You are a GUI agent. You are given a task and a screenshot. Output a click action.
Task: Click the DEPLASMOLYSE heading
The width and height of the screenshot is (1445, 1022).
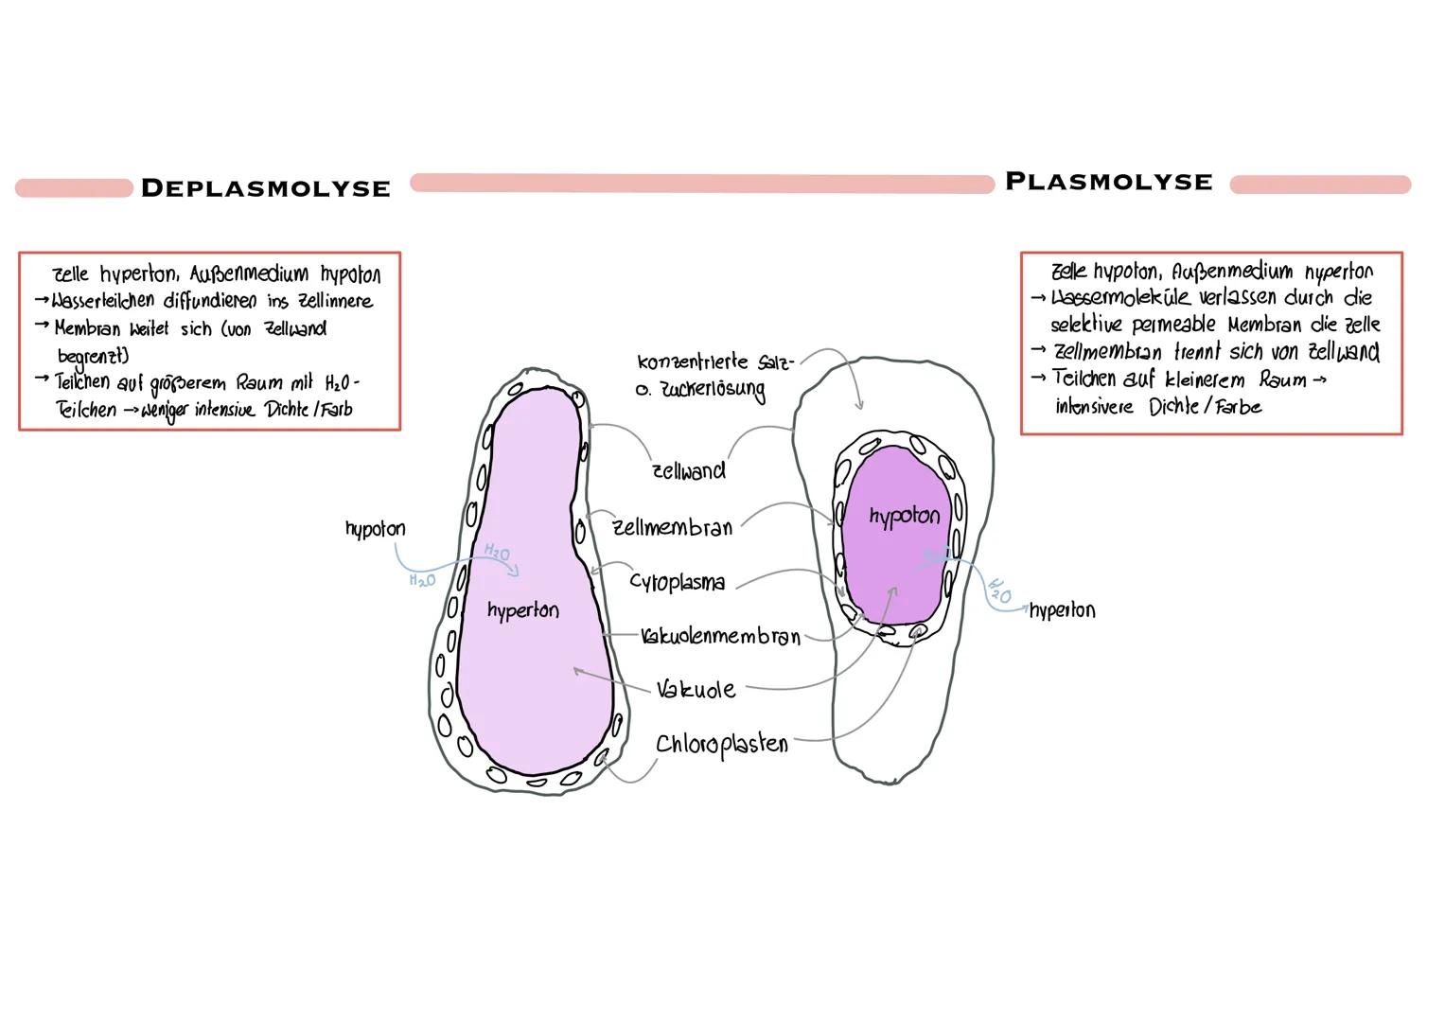[265, 188]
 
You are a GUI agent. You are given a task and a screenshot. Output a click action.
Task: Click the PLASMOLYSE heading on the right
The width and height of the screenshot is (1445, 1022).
[1108, 182]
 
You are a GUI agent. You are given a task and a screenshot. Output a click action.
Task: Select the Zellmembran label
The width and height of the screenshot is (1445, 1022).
[673, 527]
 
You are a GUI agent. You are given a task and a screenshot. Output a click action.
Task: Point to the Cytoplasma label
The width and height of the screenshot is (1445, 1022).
[678, 582]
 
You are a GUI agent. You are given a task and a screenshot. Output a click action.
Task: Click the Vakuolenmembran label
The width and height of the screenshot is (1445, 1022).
[721, 636]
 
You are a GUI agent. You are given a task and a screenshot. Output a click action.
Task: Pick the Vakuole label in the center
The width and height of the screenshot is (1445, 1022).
[696, 689]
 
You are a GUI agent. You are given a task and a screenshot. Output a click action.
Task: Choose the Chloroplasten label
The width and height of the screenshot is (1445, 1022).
[722, 745]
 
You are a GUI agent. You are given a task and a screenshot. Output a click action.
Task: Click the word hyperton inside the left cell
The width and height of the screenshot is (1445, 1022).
[522, 610]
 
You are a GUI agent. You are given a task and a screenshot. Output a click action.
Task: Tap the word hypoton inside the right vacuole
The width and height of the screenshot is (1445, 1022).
[904, 516]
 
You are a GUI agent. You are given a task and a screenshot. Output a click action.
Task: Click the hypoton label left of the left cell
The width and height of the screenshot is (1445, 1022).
[375, 528]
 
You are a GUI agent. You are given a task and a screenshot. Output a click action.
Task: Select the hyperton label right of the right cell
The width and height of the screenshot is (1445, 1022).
[1062, 609]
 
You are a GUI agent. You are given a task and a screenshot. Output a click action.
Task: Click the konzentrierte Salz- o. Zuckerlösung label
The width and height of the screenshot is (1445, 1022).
[714, 375]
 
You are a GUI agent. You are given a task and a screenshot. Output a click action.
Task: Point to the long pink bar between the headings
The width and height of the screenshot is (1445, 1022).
[701, 184]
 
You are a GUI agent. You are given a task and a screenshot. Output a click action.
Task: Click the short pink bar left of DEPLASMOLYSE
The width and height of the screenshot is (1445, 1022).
[74, 188]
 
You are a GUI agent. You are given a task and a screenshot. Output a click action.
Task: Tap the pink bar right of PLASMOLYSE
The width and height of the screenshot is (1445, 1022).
[1320, 185]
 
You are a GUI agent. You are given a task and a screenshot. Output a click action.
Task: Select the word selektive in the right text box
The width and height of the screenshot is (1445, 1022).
[1086, 325]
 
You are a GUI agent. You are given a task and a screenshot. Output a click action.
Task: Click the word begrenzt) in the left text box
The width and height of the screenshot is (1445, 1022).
[93, 357]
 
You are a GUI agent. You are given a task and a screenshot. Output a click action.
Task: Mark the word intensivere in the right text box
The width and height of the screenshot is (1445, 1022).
[1093, 407]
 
